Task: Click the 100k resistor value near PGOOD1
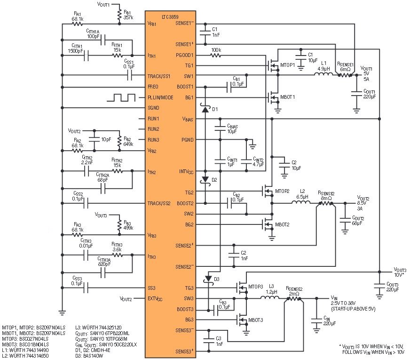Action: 216,49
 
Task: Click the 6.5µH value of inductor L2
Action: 301,197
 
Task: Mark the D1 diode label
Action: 215,109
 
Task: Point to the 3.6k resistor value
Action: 117,249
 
